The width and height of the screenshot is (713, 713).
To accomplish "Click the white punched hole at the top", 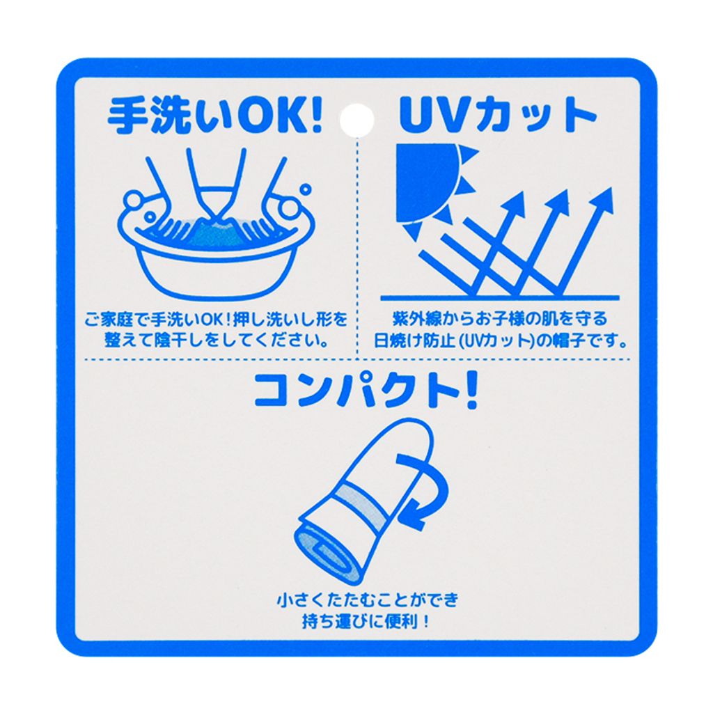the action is (357, 120).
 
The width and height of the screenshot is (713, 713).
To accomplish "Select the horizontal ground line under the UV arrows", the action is (500, 298).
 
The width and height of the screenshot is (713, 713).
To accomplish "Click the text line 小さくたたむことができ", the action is (368, 600).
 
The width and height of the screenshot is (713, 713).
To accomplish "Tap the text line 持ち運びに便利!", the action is (366, 622).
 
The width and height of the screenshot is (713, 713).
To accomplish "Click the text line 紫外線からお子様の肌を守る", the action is (500, 319).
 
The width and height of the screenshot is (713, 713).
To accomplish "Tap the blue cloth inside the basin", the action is (217, 234).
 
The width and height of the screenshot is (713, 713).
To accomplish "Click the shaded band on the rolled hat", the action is (363, 500).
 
